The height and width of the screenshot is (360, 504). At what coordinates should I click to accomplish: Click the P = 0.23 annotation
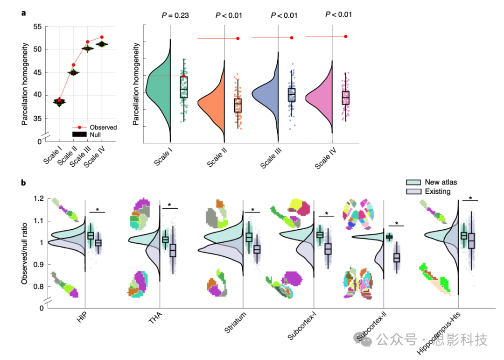point(175,15)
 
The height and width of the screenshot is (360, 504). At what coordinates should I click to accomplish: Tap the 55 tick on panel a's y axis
point(37,26)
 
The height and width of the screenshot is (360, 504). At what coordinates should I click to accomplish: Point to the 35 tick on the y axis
point(37,118)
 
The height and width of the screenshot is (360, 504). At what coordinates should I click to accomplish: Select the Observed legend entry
point(103,127)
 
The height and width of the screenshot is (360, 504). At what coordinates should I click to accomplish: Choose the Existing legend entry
point(437,191)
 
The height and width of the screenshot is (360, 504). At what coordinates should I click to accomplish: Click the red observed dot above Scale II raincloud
point(238,38)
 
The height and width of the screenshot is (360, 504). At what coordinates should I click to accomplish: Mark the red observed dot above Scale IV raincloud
point(345,36)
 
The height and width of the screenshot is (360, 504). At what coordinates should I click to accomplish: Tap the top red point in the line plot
point(102,37)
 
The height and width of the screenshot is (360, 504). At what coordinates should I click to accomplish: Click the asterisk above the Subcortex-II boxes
point(397,223)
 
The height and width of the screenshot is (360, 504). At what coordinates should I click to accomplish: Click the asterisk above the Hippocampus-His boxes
point(470,198)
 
